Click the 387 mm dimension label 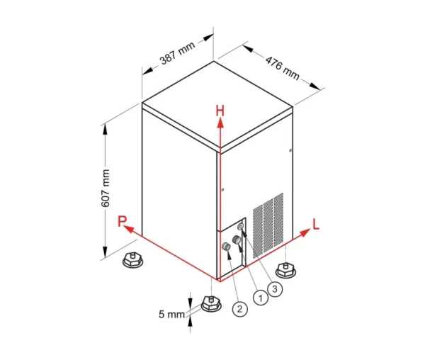[178, 53]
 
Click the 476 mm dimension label [283, 68]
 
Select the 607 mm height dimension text [106, 188]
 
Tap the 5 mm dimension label [171, 314]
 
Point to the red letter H [220, 111]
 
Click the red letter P [122, 221]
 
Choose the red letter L [316, 224]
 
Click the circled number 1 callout [261, 298]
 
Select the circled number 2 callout [240, 309]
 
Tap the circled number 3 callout [275, 289]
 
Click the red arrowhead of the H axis [220, 123]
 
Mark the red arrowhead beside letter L [305, 232]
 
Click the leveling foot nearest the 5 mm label [211, 304]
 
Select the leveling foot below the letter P [132, 260]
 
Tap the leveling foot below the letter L [285, 270]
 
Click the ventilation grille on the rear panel [268, 225]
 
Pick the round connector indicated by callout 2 [226, 247]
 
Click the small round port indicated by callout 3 [241, 226]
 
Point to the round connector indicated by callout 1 [237, 240]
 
